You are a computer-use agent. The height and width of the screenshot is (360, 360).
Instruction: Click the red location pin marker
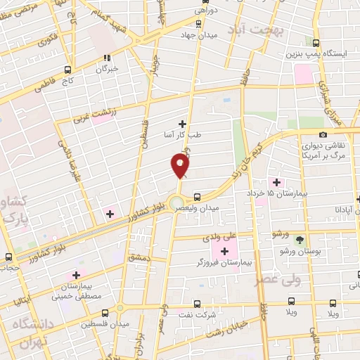click(x=180, y=166)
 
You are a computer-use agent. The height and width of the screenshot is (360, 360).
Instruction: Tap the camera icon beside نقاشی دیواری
click(x=323, y=135)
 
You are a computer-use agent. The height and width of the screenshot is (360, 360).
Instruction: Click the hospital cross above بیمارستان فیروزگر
click(x=225, y=251)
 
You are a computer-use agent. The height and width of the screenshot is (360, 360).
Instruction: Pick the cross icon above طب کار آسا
click(x=183, y=124)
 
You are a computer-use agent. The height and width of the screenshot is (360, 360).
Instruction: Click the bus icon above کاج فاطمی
click(x=68, y=70)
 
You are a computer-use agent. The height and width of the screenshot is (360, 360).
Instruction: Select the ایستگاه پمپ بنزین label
click(x=314, y=53)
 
